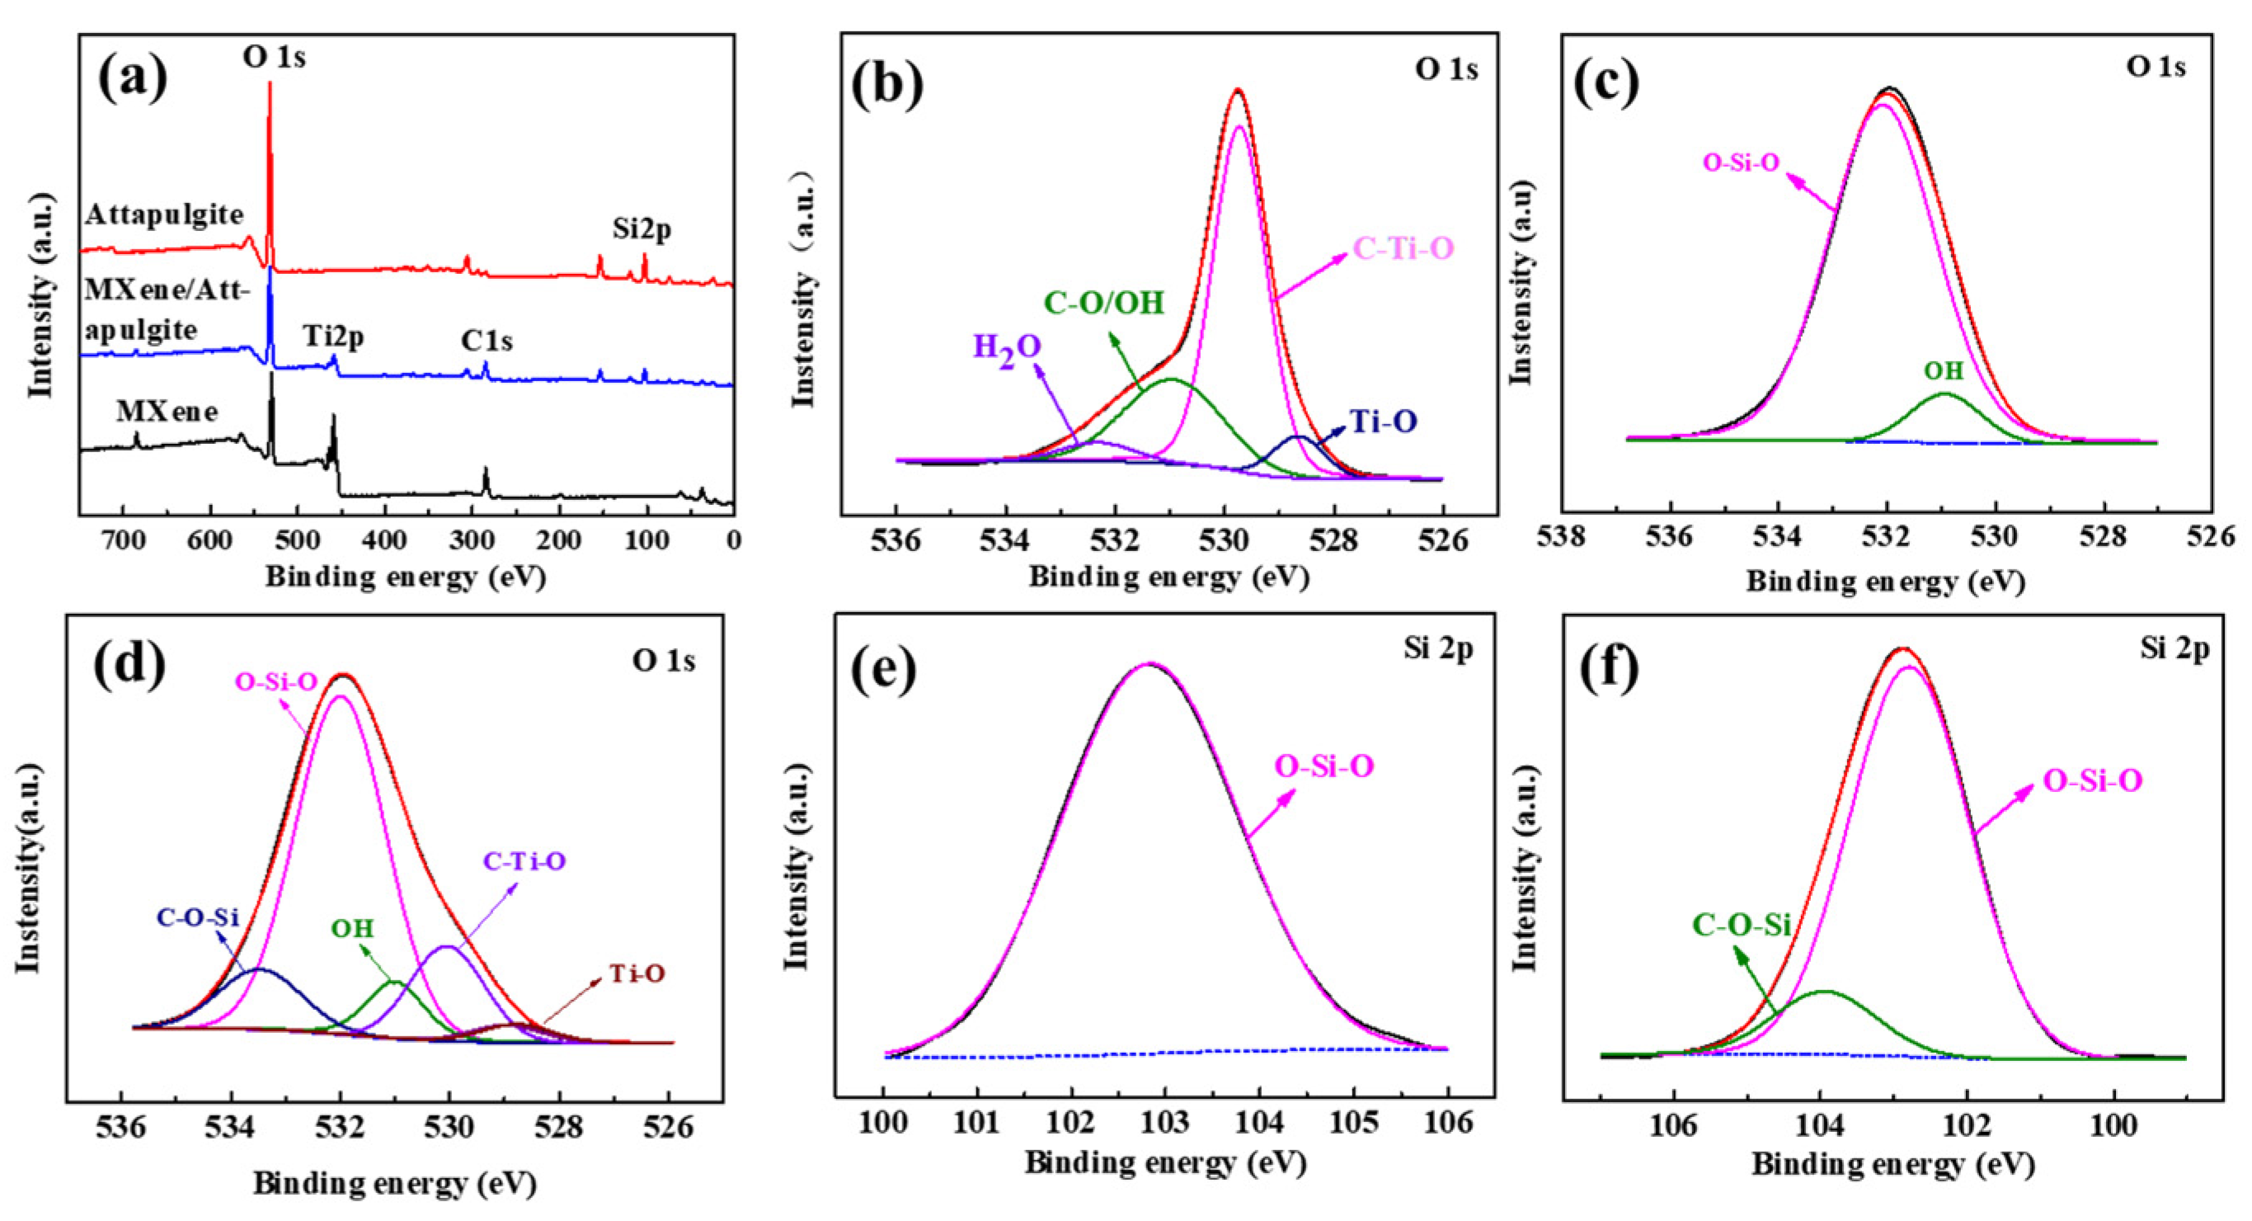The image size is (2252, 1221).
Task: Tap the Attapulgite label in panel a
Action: coord(163,214)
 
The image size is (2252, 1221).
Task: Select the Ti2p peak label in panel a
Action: coord(334,336)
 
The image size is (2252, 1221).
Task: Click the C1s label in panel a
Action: coord(487,341)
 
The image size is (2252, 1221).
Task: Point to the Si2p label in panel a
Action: coord(642,229)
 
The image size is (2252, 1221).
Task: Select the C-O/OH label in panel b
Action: coord(1104,303)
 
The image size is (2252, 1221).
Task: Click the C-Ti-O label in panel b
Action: coord(1403,249)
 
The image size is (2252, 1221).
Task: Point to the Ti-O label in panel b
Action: coord(1384,422)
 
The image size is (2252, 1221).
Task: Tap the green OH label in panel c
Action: coord(1944,371)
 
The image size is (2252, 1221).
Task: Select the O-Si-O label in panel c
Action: coord(1741,163)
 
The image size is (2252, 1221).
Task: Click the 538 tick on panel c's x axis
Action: coord(1563,536)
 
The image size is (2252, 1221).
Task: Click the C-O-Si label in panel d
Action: coord(198,917)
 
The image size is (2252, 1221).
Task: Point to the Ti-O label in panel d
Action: coord(637,973)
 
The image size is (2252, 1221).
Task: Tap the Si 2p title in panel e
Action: coord(1438,648)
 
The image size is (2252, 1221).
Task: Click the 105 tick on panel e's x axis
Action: coord(1354,1122)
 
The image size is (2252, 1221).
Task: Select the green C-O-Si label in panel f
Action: coord(1742,925)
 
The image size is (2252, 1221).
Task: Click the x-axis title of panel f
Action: coord(1892,1165)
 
